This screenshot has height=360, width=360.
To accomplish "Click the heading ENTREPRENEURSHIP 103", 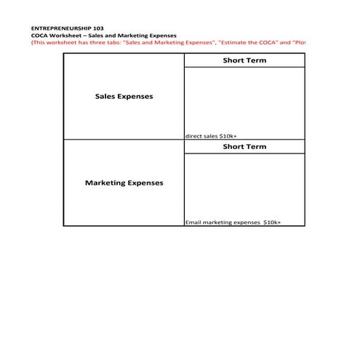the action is [63, 28].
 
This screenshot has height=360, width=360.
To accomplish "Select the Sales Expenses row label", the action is [124, 97].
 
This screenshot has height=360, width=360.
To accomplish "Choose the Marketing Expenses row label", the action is [124, 183].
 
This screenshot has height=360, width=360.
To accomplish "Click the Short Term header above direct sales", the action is [244, 60].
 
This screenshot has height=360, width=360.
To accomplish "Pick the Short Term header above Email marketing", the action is [244, 146].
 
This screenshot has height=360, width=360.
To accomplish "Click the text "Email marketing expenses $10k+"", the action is [233, 223].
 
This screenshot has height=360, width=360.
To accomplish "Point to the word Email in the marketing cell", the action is [193, 223].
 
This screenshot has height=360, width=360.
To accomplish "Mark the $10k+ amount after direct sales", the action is [228, 136].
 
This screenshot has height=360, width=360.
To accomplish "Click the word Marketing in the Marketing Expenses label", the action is [108, 183].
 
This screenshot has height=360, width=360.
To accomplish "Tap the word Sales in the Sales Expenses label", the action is [106, 97].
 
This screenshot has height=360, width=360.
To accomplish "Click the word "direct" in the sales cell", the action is [193, 136].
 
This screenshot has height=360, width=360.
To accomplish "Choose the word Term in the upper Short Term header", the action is [256, 60].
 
